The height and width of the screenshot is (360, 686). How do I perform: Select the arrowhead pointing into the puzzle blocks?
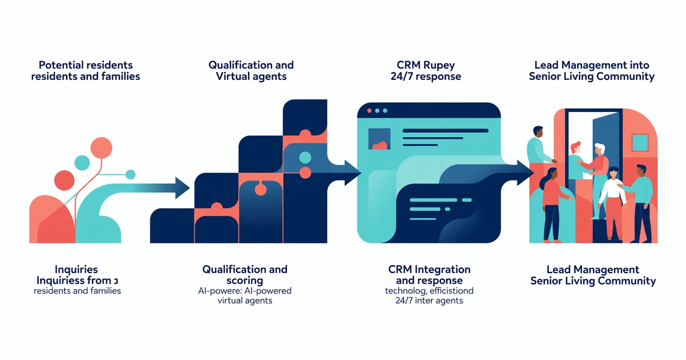point(182,187)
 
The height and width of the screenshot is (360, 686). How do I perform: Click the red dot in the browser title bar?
point(369,110)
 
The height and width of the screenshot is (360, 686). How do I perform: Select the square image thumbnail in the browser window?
point(379,139)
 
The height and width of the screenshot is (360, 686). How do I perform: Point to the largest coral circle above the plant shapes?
point(101,147)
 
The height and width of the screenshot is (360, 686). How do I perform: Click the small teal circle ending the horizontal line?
point(130,174)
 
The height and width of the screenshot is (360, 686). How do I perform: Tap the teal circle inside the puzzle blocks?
point(305,157)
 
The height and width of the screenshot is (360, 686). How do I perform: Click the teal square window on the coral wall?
point(640,142)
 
